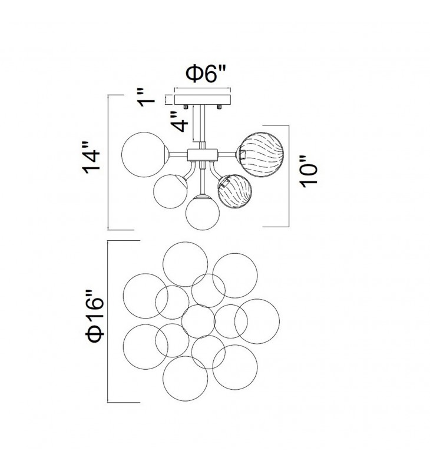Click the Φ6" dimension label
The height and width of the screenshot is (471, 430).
tap(205, 74)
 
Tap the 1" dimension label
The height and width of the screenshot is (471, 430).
tap(145, 97)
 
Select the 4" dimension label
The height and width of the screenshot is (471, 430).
tap(179, 121)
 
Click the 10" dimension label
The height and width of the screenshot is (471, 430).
tap(309, 171)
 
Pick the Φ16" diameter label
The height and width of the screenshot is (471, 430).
tap(95, 316)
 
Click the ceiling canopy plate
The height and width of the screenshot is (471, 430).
tap(203, 99)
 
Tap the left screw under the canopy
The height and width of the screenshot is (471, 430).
tap(185, 107)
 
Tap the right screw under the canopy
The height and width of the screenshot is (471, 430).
tap(219, 107)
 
